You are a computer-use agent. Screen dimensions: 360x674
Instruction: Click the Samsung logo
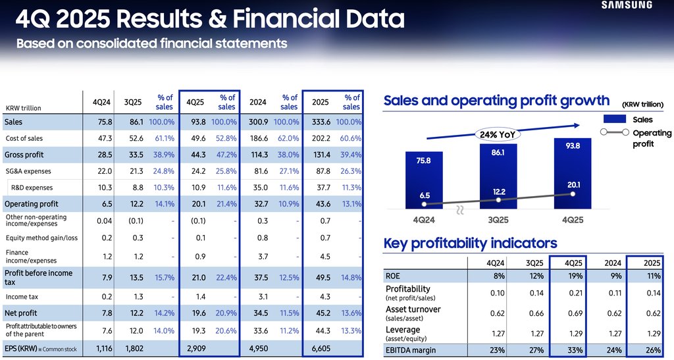click(626, 5)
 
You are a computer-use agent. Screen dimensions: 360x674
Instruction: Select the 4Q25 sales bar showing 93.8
click(573, 171)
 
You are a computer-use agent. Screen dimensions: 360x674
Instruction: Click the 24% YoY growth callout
click(498, 134)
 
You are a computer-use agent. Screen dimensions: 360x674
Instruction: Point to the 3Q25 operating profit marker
click(498, 199)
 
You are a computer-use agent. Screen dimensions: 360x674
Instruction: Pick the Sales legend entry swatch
click(614, 120)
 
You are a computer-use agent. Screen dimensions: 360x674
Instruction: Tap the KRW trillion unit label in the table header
click(24, 107)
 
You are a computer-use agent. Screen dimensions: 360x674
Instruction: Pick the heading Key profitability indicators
click(470, 244)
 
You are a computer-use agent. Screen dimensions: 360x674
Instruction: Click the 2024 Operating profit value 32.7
click(257, 204)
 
